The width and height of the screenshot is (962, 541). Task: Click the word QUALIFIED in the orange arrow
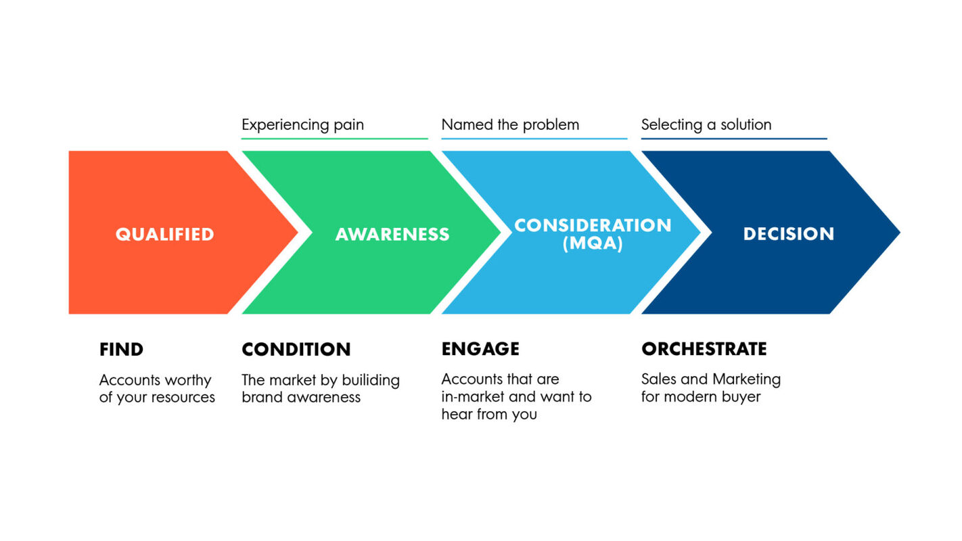tap(164, 234)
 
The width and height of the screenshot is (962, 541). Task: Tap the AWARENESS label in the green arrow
tap(392, 234)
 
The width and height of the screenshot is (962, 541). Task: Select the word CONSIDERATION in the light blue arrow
tap(593, 225)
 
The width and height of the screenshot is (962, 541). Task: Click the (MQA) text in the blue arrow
tap(593, 244)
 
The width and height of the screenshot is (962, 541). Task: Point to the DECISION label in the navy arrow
tap(789, 234)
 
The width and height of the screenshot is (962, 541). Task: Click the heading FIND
tap(121, 350)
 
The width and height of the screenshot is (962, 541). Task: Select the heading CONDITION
tap(296, 350)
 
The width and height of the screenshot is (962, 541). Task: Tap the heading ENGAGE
tap(480, 349)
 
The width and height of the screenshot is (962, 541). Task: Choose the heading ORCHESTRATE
tap(704, 349)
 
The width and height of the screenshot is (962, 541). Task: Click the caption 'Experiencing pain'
tap(302, 125)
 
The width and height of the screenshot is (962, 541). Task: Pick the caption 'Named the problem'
tap(510, 125)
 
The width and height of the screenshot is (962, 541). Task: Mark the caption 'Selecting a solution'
tap(706, 125)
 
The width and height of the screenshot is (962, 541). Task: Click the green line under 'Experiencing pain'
tap(335, 139)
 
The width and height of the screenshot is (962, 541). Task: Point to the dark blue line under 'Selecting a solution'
tap(734, 139)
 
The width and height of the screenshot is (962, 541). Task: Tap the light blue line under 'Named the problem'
tap(534, 139)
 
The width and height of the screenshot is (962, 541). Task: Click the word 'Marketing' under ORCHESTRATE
tap(747, 379)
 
